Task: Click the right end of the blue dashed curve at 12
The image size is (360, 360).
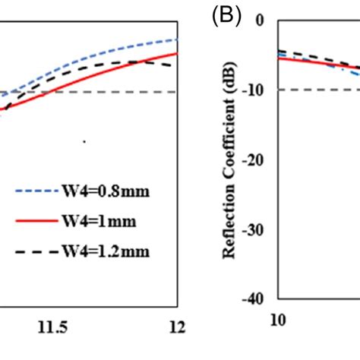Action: pyautogui.click(x=177, y=39)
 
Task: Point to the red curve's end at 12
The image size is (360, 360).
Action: pyautogui.click(x=177, y=53)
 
